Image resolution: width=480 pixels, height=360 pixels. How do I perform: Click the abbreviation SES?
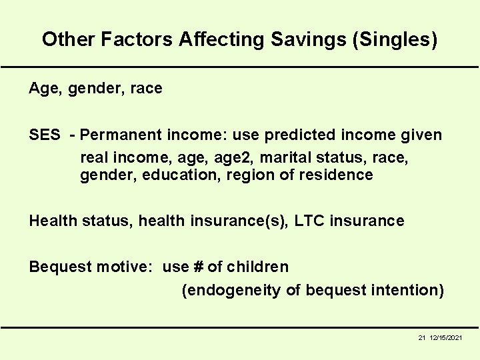45,135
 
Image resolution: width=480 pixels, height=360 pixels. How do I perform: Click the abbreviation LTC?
305,221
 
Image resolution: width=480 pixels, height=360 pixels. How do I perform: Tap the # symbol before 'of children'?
198,267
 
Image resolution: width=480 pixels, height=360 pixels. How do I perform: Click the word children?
257,267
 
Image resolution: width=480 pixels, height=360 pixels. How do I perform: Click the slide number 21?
422,339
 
